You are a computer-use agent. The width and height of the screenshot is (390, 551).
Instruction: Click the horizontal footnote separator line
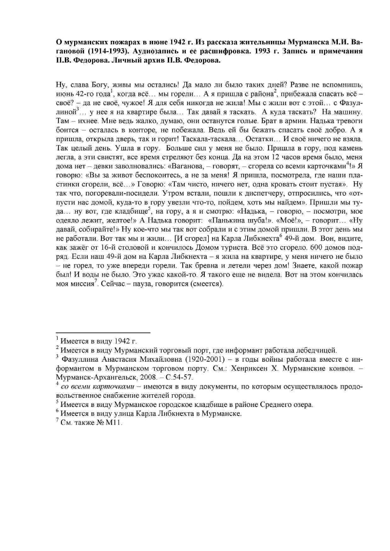[x=103, y=332]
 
